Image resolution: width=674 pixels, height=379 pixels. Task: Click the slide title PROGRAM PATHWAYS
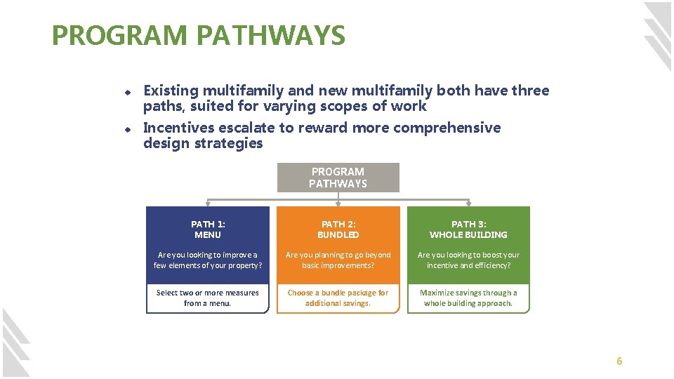199,35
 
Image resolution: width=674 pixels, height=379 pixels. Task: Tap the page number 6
619,361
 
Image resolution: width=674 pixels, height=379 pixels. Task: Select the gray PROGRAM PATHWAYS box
338,178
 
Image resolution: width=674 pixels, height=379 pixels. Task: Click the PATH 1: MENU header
207,230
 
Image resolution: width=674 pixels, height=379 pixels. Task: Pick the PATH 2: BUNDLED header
338,230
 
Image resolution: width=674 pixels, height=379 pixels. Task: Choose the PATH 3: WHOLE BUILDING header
468,230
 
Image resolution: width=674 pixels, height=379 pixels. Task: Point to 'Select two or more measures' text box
207,298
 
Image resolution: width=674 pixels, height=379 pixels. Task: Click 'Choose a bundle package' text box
338,298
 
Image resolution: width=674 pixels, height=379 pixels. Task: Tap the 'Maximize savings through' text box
468,298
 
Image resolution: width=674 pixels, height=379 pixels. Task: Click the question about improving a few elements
207,260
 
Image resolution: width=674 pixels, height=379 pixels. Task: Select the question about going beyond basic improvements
338,260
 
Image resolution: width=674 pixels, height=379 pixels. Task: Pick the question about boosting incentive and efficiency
468,260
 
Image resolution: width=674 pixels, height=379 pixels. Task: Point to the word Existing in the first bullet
171,91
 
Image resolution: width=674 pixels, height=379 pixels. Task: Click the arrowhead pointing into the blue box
207,204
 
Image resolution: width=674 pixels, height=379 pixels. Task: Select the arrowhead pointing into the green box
468,204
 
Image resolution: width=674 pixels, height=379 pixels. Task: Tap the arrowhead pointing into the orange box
338,204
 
